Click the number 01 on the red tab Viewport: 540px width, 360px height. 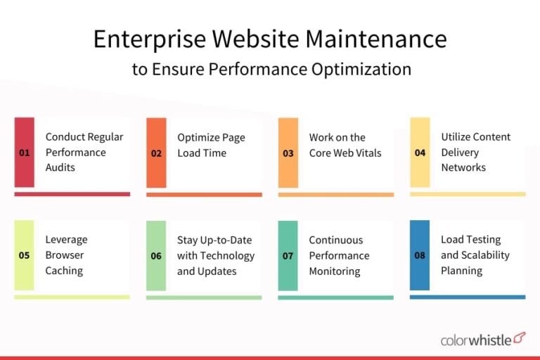[24, 153]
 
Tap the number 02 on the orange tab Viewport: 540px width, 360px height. [156, 153]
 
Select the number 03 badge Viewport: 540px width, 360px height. [288, 153]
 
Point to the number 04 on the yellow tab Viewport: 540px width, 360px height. [420, 153]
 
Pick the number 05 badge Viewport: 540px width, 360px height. [24, 256]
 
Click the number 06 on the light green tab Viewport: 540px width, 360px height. [156, 256]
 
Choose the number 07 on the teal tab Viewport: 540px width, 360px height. [288, 256]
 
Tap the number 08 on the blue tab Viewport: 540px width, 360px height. [420, 256]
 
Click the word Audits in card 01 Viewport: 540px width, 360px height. [60, 167]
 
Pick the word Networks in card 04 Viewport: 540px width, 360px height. [463, 167]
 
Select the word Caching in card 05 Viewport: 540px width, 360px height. [64, 271]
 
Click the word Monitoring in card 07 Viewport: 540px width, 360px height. [335, 271]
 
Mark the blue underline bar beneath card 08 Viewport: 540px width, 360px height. [468, 297]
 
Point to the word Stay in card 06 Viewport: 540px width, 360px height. [189, 240]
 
